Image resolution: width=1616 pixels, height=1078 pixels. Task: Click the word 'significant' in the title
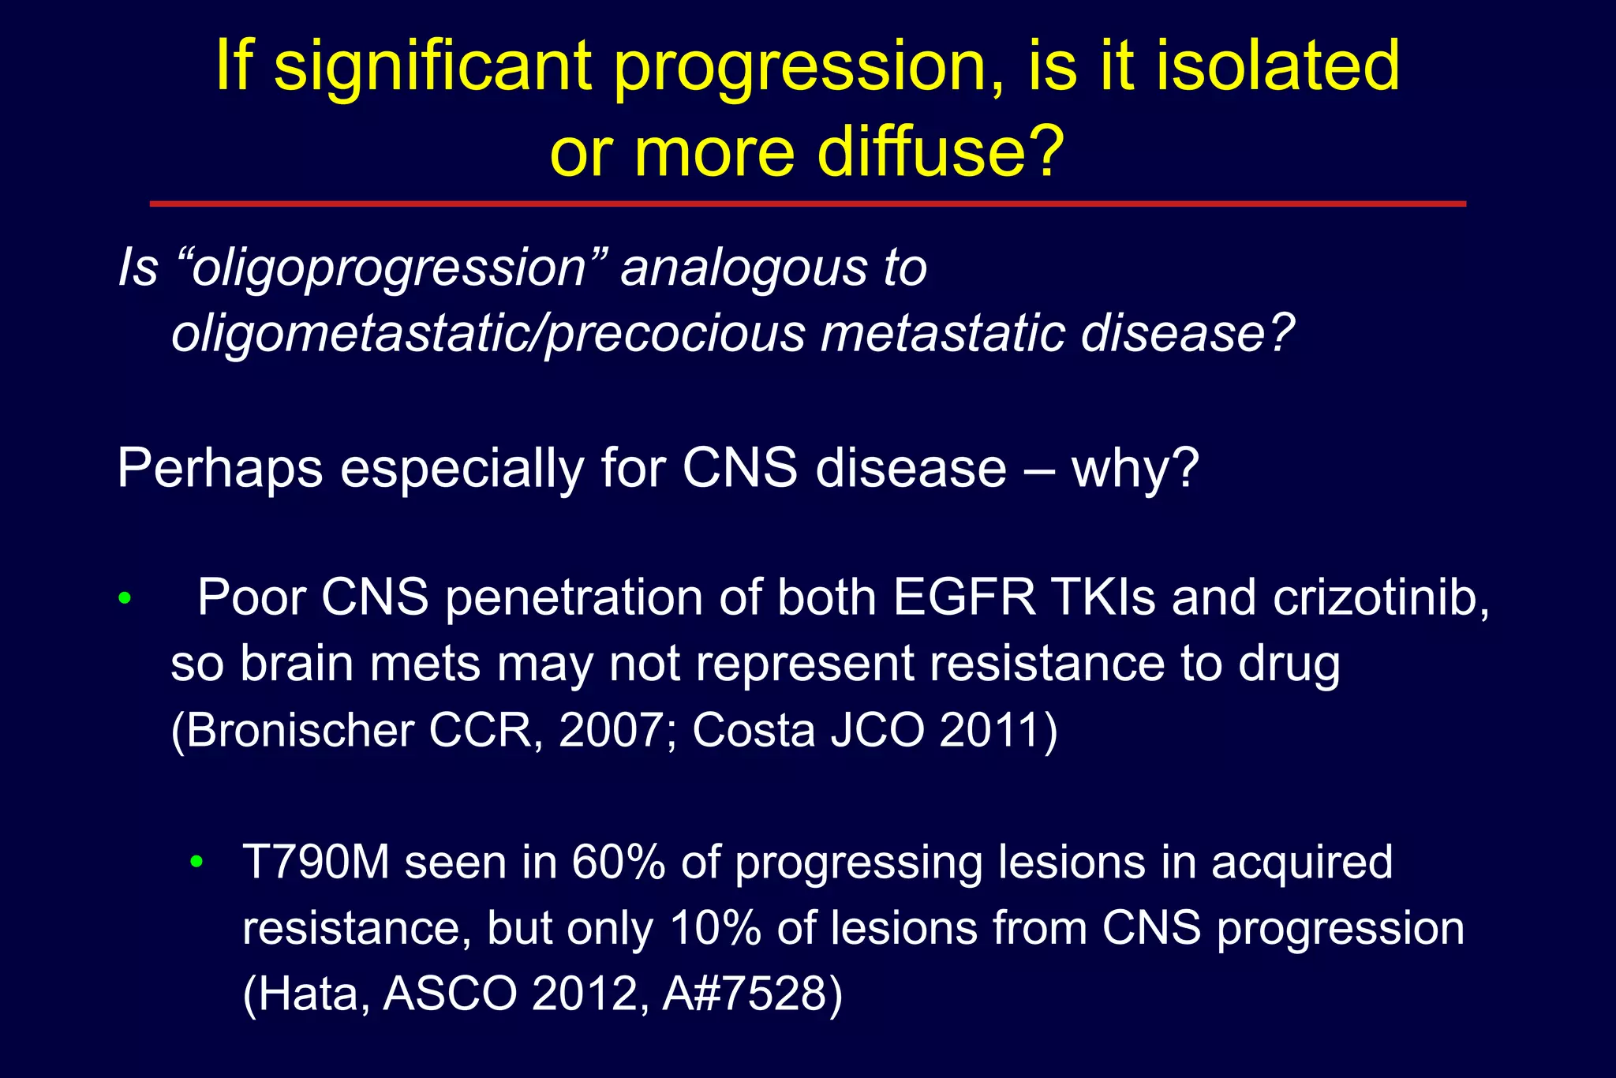point(432,67)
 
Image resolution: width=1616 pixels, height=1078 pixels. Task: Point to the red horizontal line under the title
point(807,204)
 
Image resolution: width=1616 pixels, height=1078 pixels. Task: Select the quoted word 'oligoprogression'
point(389,269)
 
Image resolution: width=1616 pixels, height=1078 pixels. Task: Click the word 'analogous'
point(744,269)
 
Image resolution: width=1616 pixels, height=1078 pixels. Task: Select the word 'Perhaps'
point(220,469)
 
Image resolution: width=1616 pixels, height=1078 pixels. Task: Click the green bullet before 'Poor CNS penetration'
point(124,599)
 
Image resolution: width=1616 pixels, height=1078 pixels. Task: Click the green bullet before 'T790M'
point(196,861)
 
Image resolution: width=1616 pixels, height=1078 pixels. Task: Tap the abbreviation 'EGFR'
point(964,597)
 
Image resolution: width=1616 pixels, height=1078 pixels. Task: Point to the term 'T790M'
point(316,862)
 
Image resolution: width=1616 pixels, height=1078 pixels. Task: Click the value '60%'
point(619,862)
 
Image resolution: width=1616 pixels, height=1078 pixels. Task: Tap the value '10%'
point(715,928)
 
